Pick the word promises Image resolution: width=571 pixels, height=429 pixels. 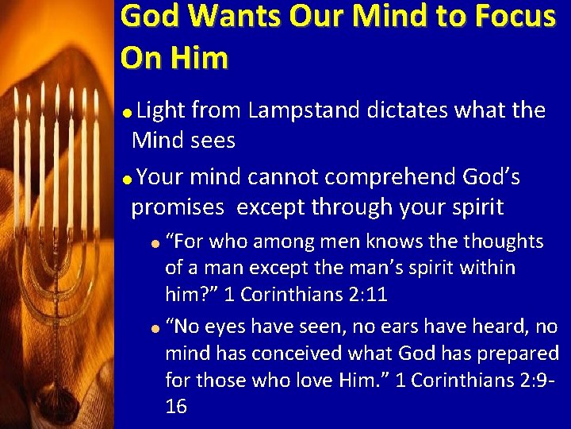click(x=178, y=207)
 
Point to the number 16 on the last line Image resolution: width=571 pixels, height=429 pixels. click(x=176, y=407)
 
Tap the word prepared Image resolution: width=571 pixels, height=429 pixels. click(x=519, y=353)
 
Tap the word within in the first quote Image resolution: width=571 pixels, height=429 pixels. click(x=488, y=268)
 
